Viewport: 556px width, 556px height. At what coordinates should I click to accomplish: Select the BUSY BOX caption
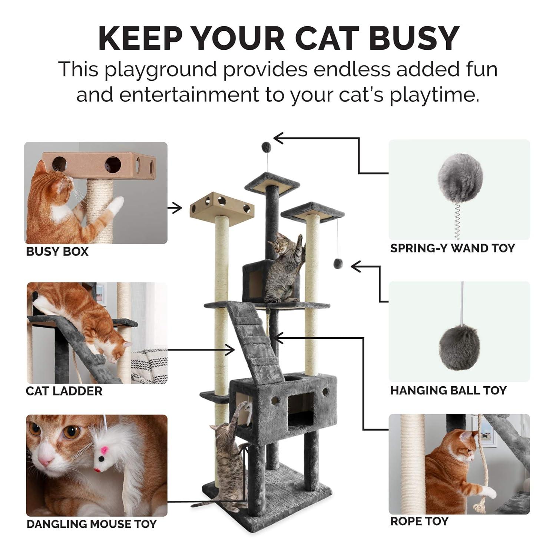pos(57,252)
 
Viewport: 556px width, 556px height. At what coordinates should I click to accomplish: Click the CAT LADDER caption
pos(64,391)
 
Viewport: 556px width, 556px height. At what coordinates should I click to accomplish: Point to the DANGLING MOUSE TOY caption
pos(92,524)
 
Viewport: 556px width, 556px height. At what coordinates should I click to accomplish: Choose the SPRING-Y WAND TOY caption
pos(453,248)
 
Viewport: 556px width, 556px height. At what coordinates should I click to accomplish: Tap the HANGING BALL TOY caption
pos(449,390)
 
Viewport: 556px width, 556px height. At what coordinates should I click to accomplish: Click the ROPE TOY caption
pos(419,522)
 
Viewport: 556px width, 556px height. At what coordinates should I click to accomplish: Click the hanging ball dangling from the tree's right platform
pos(338,264)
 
